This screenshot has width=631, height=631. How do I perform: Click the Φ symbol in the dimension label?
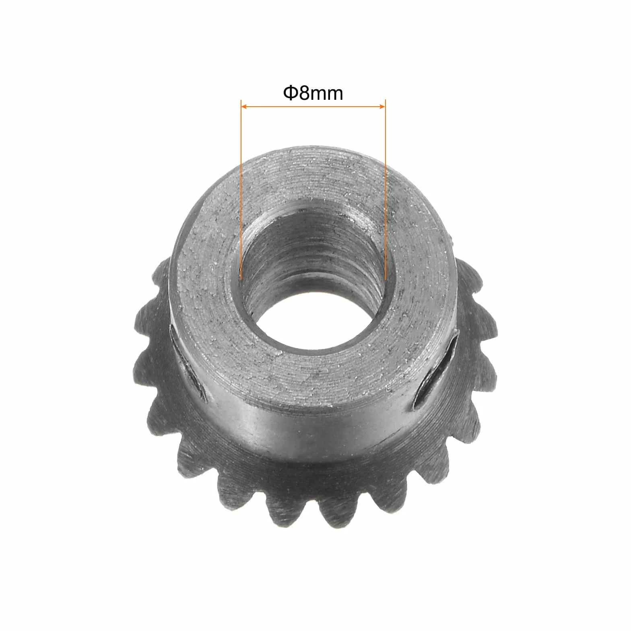[291, 93]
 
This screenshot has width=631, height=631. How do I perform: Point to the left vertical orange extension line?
[241, 190]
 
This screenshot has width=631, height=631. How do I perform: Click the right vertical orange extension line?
[386, 190]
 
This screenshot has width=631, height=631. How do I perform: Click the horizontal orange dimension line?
[313, 107]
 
